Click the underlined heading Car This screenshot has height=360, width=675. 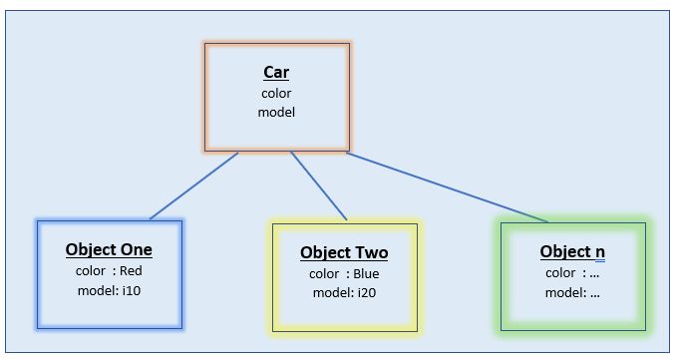276,73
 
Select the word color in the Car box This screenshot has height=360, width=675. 276,93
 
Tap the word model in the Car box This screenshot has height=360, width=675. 276,112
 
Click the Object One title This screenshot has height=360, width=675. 109,250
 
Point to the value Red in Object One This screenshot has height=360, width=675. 131,270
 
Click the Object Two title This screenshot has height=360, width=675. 344,253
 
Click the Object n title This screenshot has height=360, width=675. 572,252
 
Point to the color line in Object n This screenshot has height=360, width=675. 572,272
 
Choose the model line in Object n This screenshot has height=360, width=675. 572,292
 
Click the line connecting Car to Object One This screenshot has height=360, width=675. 194,185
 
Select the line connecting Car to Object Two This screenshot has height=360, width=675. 319,185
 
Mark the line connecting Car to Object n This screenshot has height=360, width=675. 449,187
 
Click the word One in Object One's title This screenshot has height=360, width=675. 135,250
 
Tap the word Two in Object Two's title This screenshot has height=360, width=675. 370,253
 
